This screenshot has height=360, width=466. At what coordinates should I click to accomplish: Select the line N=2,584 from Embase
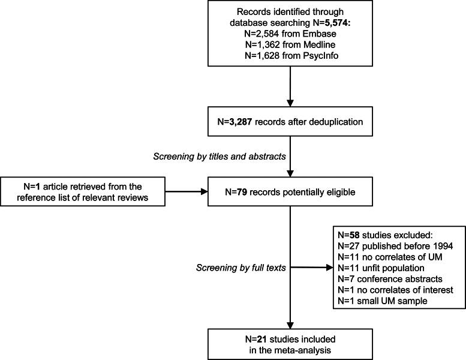[x=290, y=35]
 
